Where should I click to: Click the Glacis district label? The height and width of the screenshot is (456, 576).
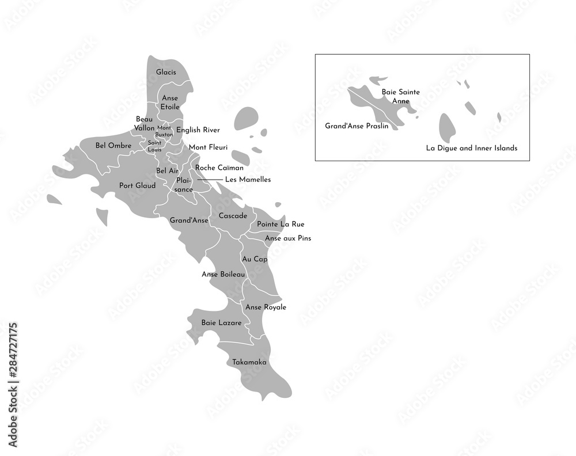pos(166,73)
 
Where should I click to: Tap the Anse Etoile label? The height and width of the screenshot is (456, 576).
pos(170,102)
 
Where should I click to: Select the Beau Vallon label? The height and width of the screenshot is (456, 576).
pos(145,123)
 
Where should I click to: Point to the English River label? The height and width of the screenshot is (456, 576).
pos(198,130)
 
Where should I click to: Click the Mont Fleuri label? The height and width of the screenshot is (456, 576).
pos(208,147)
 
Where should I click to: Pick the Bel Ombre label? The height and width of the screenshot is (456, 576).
pos(109,145)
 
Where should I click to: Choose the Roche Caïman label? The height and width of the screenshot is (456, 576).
pos(219,168)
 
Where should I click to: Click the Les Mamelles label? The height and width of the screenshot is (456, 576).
pos(248,180)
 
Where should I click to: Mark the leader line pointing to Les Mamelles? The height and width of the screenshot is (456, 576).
pos(210,180)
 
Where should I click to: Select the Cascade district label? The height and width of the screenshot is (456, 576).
pos(232,216)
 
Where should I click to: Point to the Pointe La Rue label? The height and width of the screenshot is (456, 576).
pos(281,224)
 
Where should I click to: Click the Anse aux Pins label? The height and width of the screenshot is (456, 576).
pos(287,238)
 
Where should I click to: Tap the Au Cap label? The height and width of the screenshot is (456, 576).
pos(255,259)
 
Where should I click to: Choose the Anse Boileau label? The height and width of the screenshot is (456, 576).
pos(223,275)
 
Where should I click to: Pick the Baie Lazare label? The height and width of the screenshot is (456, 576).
pos(221,323)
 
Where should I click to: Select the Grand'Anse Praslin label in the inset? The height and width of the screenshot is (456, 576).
pos(357,126)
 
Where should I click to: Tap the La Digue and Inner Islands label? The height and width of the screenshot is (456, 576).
pos(471,148)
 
